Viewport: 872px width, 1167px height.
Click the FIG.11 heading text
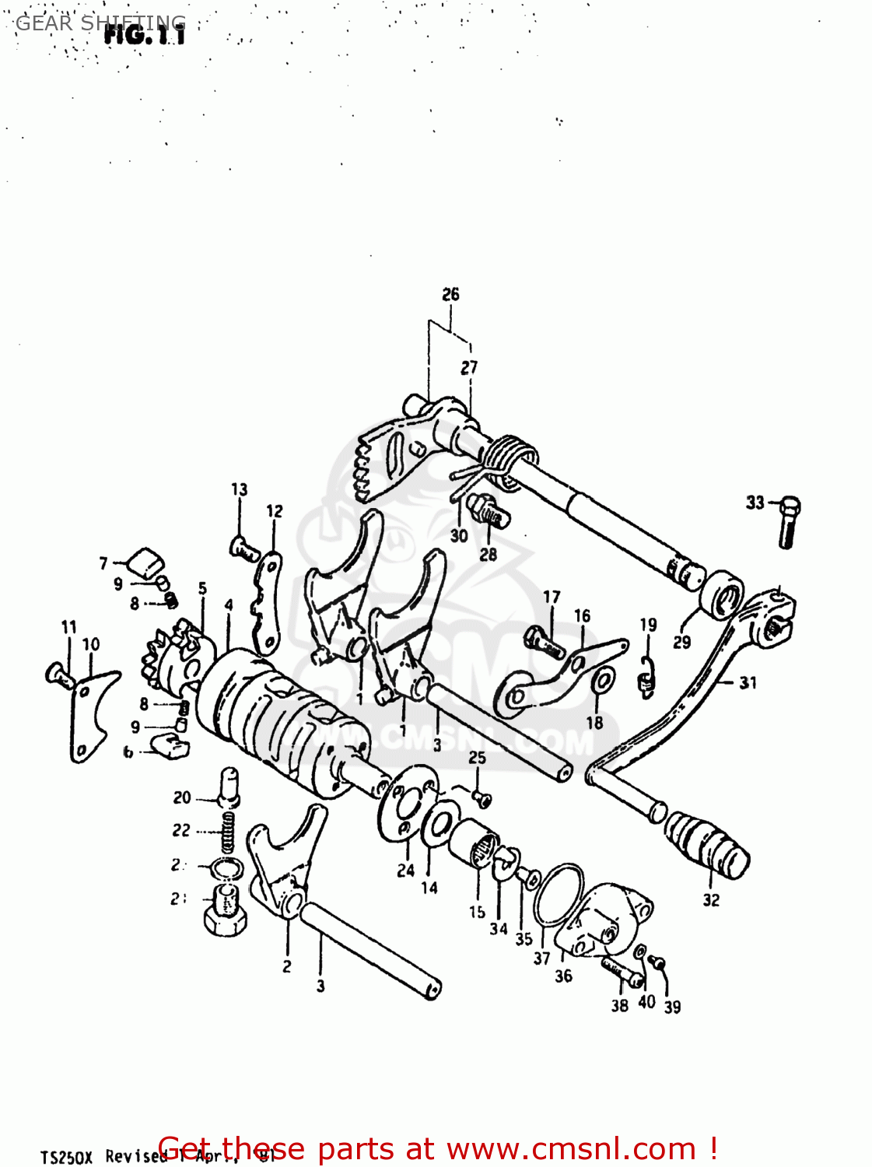tap(145, 35)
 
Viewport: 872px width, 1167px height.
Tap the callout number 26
tap(450, 295)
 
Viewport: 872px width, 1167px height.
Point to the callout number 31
tap(748, 683)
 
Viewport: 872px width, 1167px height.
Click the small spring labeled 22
tap(227, 832)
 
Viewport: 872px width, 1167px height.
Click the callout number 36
tap(563, 976)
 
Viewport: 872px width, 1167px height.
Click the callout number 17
tap(552, 597)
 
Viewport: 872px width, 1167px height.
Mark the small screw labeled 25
tap(481, 797)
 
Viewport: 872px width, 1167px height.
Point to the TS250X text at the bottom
tap(66, 1157)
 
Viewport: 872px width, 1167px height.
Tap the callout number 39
tap(672, 1006)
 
